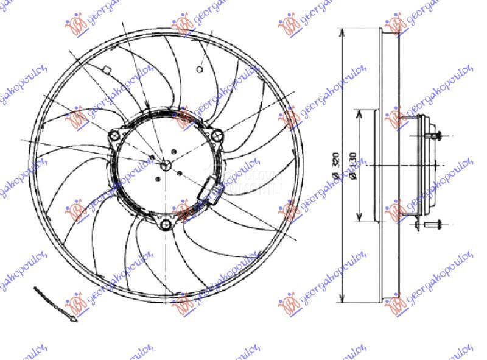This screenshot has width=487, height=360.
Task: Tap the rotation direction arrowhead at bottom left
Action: pyautogui.click(x=72, y=318)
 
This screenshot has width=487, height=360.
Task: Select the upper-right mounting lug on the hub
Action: pyautogui.click(x=215, y=136)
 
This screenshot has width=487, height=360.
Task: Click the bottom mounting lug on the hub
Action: pyautogui.click(x=166, y=226)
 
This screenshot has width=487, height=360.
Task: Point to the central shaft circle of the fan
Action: pyautogui.click(x=165, y=164)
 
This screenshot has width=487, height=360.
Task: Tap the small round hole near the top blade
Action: pyautogui.click(x=200, y=69)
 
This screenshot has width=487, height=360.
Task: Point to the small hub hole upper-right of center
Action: pyautogui.click(x=175, y=151)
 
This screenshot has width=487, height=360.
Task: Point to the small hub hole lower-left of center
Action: pyautogui.click(x=158, y=178)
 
